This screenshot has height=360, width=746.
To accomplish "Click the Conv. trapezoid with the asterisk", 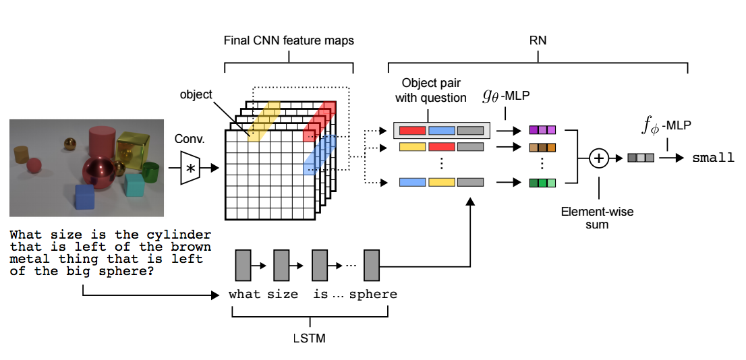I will (190, 168).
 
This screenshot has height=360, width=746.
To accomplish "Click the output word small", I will (714, 158).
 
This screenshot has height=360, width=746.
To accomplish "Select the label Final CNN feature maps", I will (289, 41).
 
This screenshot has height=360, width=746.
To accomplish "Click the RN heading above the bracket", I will (538, 41).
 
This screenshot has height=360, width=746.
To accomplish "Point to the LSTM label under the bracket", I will (310, 338).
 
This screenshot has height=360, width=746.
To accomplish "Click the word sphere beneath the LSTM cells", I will (373, 295).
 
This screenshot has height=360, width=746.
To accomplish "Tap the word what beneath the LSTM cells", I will (244, 295).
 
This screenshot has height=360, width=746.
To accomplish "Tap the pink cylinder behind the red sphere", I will (103, 143).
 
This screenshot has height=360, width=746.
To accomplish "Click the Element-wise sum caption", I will (598, 218).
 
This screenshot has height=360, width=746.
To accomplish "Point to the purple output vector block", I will (542, 131).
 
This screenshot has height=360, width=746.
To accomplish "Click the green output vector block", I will (542, 182).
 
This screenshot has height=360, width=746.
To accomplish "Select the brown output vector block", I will (542, 147).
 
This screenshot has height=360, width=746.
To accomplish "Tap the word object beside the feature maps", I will (196, 95).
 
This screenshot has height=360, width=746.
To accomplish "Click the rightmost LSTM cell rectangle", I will (372, 265).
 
